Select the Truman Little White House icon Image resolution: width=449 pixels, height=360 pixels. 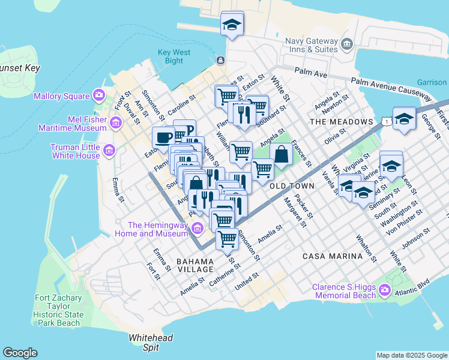pyautogui.click(x=109, y=150)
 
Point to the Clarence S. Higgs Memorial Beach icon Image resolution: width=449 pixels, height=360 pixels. pyautogui.click(x=384, y=292)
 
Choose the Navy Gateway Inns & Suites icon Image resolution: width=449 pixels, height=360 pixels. pyautogui.click(x=346, y=44)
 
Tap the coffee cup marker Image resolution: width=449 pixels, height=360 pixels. pyautogui.click(x=163, y=137)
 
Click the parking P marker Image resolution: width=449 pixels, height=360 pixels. pyautogui.click(x=186, y=130)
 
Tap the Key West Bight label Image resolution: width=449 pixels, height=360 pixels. pyautogui.click(x=174, y=56)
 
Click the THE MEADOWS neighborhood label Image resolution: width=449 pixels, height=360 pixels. pyautogui.click(x=341, y=122)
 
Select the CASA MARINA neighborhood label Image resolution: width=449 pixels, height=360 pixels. pyautogui.click(x=341, y=256)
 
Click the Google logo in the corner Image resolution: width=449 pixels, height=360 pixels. pyautogui.click(x=20, y=353)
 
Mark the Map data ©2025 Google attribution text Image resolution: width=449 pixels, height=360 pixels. pyautogui.click(x=412, y=355)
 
